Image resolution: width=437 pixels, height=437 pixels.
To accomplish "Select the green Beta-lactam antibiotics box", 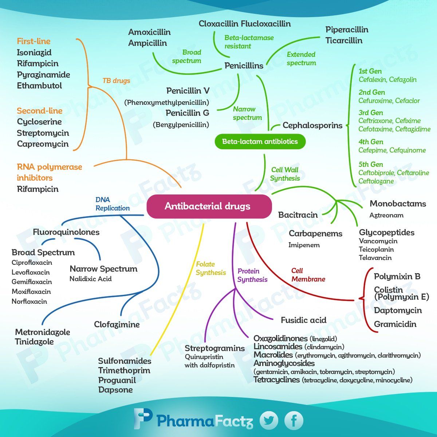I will [x=260, y=142].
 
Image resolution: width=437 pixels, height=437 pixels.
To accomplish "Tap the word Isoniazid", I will [x=34, y=52].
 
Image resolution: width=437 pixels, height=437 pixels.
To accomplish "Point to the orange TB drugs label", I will [x=116, y=81].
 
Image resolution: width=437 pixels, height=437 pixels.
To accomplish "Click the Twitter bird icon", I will [x=269, y=421].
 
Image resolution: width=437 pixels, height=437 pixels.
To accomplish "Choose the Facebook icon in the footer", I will [x=294, y=421].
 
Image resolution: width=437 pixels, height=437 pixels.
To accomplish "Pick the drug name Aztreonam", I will [x=386, y=215].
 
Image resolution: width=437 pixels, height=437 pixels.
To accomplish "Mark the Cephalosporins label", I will [x=312, y=126].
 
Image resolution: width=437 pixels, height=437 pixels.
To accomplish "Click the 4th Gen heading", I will [x=371, y=142].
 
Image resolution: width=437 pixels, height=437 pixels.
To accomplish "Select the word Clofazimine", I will [x=117, y=324].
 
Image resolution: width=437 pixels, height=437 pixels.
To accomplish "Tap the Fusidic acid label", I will [x=303, y=320].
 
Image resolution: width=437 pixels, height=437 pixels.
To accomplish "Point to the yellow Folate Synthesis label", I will [x=211, y=268].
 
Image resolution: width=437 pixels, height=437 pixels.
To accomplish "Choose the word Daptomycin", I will [x=398, y=311].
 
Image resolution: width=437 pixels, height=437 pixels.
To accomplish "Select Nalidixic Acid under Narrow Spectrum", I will [x=91, y=279].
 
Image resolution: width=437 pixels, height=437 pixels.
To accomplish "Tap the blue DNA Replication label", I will [x=113, y=204].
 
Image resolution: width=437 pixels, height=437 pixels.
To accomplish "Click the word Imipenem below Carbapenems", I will [x=304, y=245].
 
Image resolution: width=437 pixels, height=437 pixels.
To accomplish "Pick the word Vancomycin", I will [x=378, y=241].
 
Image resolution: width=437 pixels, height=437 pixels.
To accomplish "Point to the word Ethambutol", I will [x=39, y=86].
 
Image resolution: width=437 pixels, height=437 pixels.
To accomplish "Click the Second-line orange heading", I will [x=40, y=111].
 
